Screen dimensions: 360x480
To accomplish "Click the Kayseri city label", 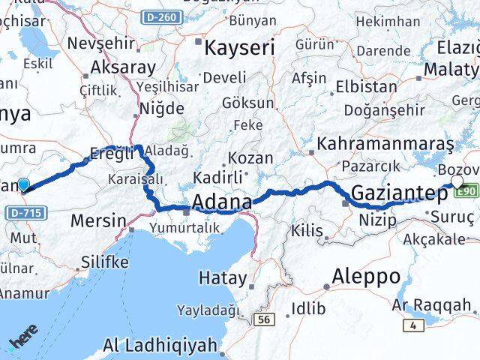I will coord(240,48).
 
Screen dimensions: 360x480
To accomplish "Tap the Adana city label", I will coord(222,202).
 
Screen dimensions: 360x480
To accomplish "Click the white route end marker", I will coord(457,181).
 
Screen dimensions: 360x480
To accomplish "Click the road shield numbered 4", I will coord(412,325).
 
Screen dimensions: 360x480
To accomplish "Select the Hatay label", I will coord(223,278).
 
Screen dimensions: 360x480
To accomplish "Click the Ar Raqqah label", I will coord(431,305).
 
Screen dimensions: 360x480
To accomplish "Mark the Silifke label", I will coord(103,262).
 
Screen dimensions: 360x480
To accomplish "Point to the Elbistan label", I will coord(367,86).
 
